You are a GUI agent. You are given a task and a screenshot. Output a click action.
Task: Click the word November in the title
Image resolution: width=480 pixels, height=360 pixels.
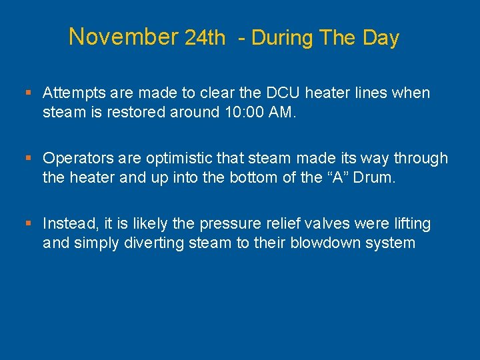pos(123,37)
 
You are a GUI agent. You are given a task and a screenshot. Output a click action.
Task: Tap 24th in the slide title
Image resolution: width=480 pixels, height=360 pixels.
pos(205,39)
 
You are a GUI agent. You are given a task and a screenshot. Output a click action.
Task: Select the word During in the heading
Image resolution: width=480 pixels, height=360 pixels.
pos(282,38)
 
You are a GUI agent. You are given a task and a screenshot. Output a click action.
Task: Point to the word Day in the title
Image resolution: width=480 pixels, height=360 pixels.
pos(381,38)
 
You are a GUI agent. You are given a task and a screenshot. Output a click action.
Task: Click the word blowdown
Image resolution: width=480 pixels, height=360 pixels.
pos(329,242)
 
